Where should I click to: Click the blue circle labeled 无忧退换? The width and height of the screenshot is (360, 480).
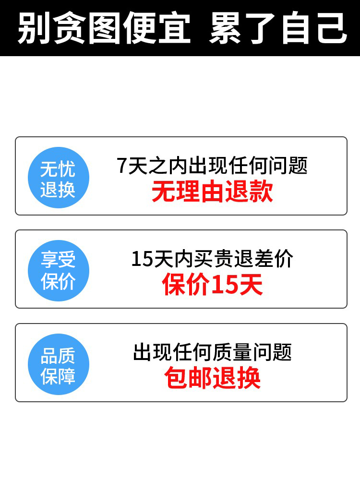(x=58, y=178)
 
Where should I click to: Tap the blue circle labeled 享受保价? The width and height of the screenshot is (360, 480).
(x=58, y=271)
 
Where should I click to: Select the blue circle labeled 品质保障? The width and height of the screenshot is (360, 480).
(x=58, y=364)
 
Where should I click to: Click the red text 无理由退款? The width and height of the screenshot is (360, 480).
(x=212, y=192)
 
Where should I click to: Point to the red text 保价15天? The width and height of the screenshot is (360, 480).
(x=212, y=285)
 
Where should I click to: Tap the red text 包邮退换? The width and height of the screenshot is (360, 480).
(x=212, y=378)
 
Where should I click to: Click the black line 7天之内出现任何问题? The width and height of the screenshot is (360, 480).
(x=212, y=166)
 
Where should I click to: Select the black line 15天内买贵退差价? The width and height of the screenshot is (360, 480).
(x=212, y=259)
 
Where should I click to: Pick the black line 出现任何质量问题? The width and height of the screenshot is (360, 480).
(x=212, y=353)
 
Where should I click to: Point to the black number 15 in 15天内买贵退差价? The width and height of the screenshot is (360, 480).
(x=142, y=260)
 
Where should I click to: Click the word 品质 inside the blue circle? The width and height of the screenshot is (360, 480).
(x=58, y=356)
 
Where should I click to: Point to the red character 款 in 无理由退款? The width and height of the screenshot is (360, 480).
(x=261, y=192)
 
